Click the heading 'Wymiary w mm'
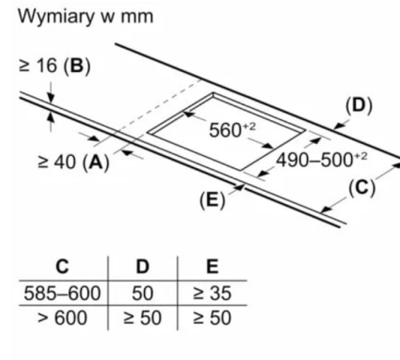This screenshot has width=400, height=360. click(x=86, y=17)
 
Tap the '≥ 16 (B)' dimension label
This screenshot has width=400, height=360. click(x=54, y=66)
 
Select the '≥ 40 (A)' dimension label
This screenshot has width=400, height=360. click(x=74, y=162)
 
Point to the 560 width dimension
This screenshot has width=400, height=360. click(x=232, y=130)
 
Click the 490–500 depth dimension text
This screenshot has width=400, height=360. click(x=322, y=160)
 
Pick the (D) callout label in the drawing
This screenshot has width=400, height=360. click(x=358, y=106)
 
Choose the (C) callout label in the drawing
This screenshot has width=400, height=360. click(x=362, y=189)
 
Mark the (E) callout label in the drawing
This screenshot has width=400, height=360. click(x=213, y=200)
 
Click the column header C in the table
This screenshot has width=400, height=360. click(x=62, y=266)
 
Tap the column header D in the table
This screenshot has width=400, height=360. click(x=142, y=266)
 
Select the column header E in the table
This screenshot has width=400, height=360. click(x=213, y=266)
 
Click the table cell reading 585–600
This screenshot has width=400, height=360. click(x=62, y=293)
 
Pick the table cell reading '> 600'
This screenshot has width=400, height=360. click(x=62, y=318)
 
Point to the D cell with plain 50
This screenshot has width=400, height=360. click(x=142, y=293)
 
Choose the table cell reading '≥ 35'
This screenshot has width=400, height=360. click(x=212, y=293)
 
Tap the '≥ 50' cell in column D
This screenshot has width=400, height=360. click(x=142, y=318)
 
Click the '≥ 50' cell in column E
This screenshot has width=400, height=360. click(x=212, y=318)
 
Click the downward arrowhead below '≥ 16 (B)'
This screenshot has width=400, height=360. click(x=50, y=98)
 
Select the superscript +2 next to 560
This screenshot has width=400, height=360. click(x=249, y=126)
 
